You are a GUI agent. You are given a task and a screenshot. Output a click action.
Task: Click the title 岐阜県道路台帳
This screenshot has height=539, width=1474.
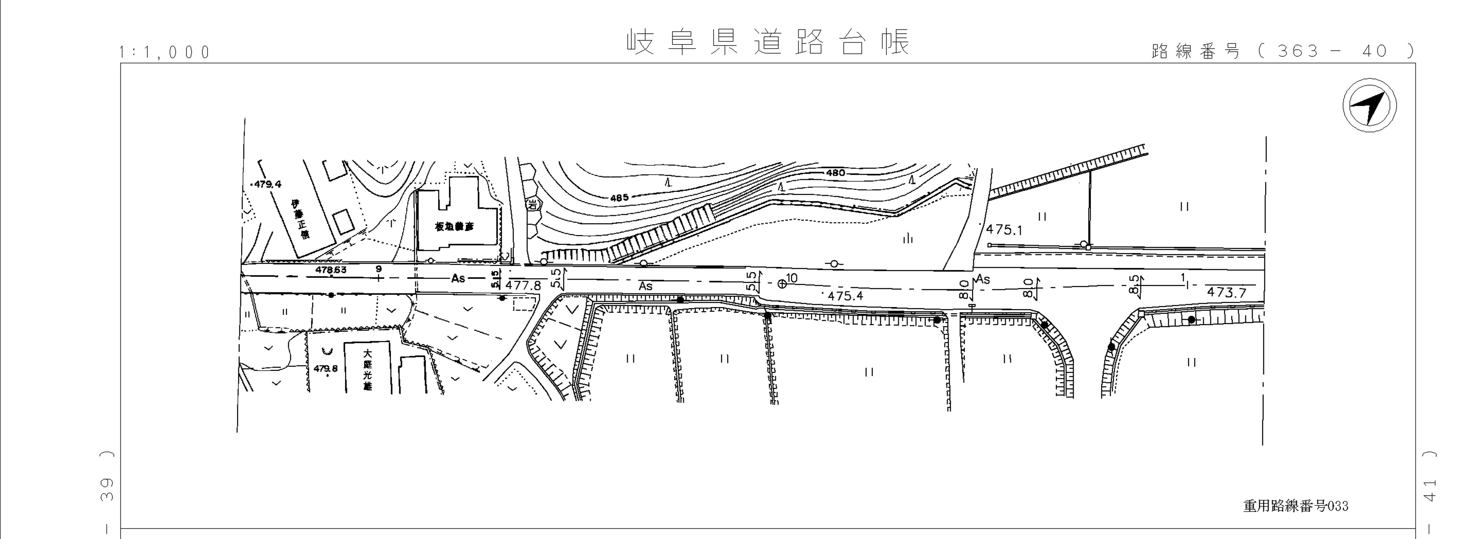pos(768,42)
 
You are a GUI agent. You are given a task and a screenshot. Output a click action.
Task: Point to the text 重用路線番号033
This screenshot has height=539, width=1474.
pos(1295,506)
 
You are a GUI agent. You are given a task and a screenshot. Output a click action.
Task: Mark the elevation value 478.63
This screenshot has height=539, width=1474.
pos(331,269)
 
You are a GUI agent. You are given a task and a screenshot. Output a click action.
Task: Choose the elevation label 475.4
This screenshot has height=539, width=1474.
pos(845,296)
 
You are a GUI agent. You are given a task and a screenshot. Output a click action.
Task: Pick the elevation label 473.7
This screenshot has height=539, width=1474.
pos(1226,292)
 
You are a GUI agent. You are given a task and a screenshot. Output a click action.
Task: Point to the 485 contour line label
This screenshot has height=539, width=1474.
pos(619,198)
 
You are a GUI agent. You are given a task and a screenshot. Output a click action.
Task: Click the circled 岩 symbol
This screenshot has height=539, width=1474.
pos(533,204)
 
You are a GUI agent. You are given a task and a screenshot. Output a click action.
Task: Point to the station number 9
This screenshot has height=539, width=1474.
pos(378,268)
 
